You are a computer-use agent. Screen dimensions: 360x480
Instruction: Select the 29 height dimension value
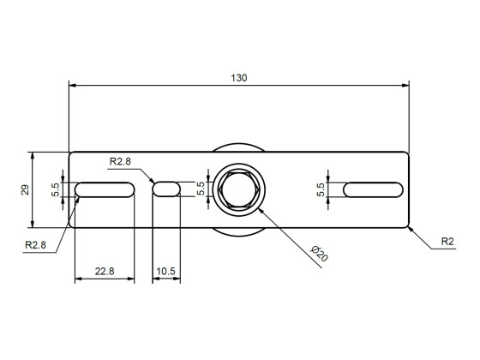point(25,189)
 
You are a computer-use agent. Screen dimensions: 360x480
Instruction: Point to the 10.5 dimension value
point(165,271)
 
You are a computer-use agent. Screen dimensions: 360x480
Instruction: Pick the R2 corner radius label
point(447,243)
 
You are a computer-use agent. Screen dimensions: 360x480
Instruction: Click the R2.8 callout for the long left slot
point(35,245)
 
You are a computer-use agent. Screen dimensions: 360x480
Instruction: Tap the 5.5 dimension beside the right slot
point(321,189)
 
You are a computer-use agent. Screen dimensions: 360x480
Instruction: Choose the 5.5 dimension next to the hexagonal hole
point(201,189)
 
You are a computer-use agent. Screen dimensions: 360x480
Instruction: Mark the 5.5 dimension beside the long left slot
point(57,189)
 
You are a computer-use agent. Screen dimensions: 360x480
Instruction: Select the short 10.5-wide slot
point(167,189)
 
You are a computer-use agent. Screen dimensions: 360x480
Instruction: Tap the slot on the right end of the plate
point(374,189)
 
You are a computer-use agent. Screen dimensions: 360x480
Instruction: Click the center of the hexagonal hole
point(239,189)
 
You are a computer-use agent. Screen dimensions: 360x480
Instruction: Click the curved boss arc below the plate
point(239,235)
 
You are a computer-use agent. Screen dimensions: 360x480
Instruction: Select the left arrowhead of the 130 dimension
point(73,86)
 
